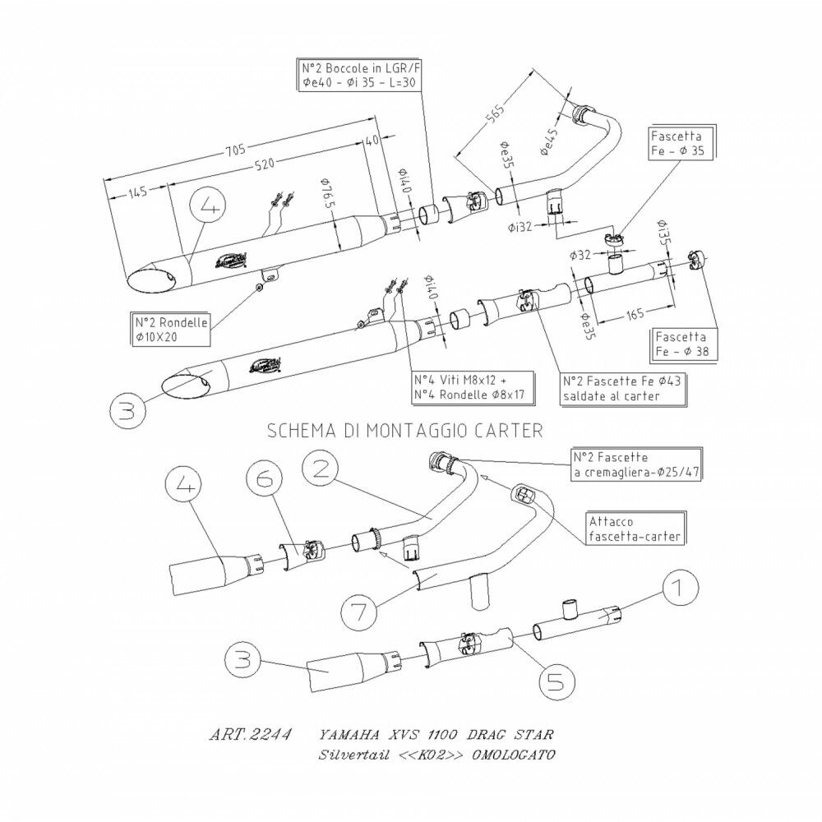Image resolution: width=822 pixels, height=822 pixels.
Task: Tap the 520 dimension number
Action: (264, 164)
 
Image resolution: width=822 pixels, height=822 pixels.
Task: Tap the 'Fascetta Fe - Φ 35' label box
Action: (679, 141)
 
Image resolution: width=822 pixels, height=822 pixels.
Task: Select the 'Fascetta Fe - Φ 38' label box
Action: (685, 344)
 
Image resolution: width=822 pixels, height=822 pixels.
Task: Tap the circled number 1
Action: (677, 589)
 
